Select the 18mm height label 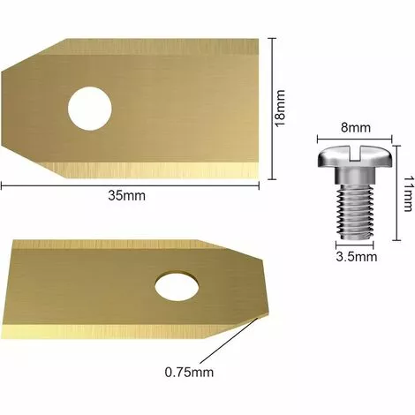[281, 108]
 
